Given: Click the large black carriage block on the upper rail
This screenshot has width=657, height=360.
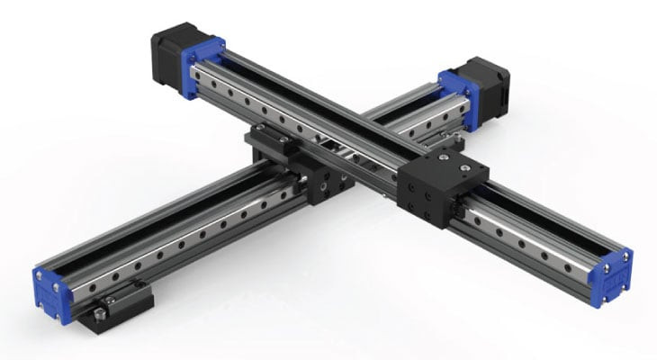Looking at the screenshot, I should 438,189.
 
